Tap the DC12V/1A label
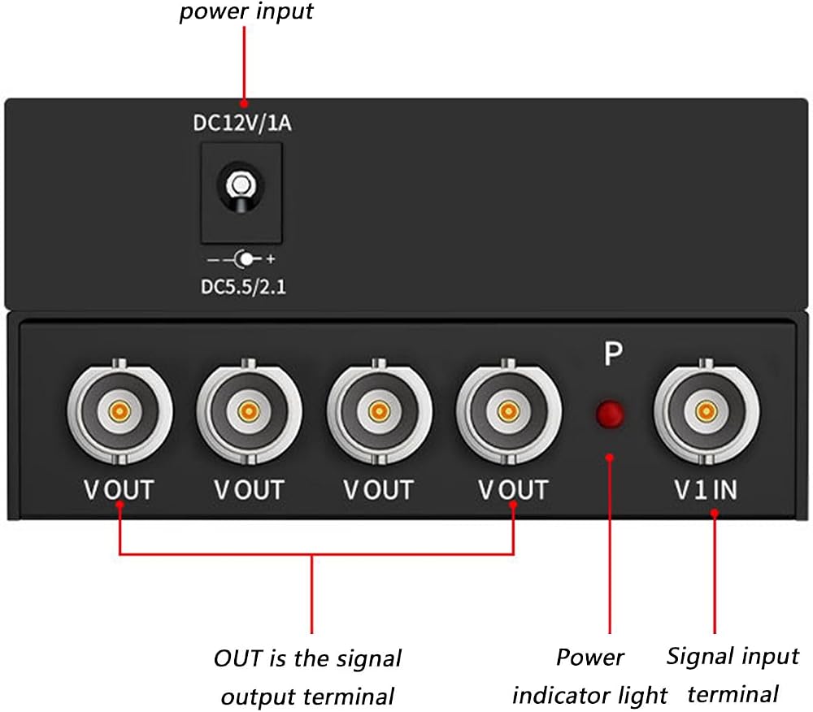242,124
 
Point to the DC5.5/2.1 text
243,287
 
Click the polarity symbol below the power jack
241,259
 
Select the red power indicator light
610,414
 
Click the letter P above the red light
613,354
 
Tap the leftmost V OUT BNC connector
120,412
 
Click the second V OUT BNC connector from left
249,412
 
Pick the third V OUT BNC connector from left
379,412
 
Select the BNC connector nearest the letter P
509,412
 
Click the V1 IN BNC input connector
706,412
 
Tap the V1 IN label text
706,489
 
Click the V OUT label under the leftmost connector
119,489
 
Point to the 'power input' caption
246,11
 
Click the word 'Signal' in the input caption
697,657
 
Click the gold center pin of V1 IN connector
706,412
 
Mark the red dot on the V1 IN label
715,513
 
